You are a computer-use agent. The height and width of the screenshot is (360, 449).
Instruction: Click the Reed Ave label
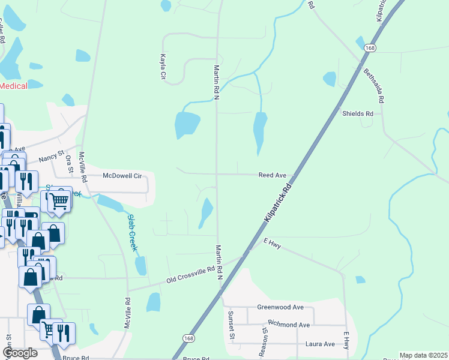[273, 175]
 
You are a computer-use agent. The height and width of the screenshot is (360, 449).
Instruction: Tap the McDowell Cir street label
[122, 176]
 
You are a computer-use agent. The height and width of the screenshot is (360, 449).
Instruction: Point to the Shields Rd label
[358, 113]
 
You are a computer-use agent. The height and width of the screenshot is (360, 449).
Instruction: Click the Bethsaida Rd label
[373, 85]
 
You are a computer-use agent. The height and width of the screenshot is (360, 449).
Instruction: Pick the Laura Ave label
[320, 344]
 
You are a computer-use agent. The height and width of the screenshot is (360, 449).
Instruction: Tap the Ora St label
[70, 163]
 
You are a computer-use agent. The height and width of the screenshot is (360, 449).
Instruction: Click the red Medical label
[13, 86]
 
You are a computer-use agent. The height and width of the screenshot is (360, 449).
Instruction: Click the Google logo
[20, 353]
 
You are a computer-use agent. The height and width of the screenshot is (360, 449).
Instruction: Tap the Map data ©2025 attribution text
[423, 355]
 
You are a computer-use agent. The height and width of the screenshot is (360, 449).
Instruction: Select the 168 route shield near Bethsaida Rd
[370, 48]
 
